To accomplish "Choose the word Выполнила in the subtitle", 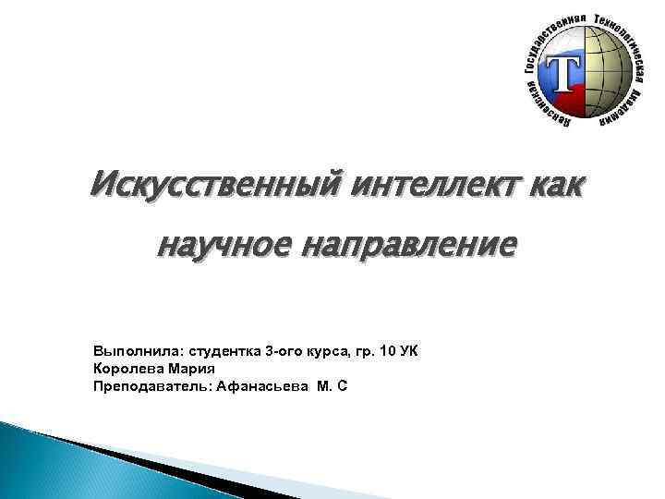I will pos(137,352).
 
